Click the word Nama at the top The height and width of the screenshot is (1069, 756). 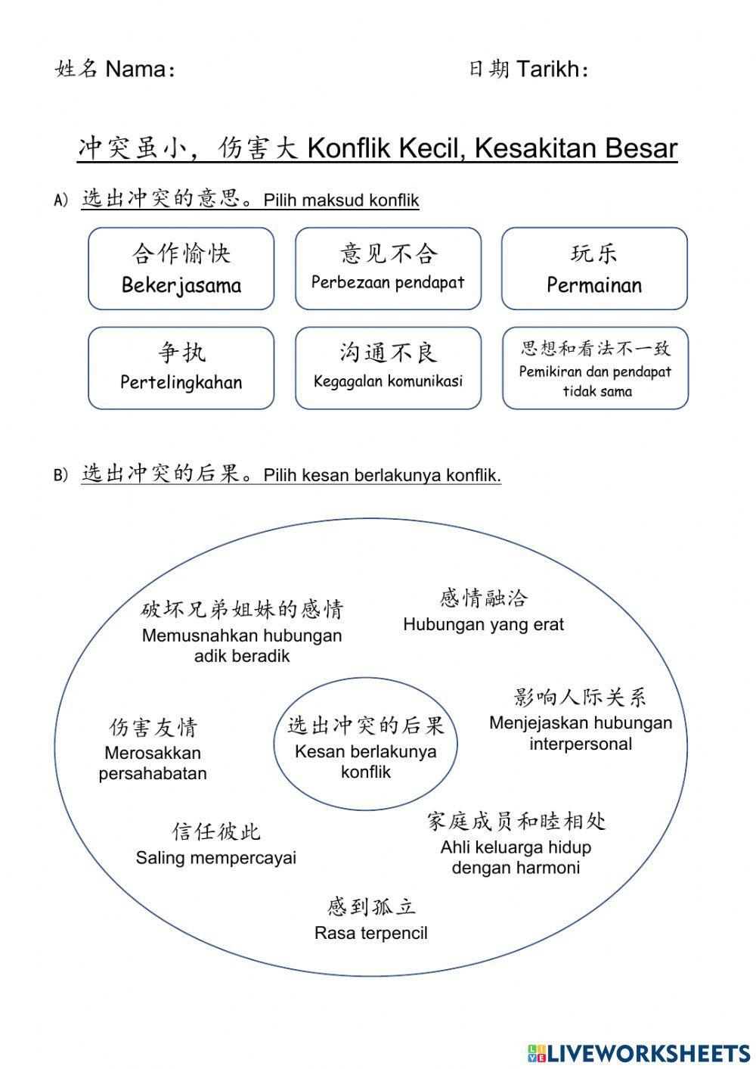click(135, 70)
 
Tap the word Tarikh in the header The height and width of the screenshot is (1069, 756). click(547, 70)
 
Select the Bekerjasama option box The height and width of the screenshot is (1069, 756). click(181, 269)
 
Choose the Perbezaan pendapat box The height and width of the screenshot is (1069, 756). click(388, 269)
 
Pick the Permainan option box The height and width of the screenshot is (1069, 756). click(594, 269)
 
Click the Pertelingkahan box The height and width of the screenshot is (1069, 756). click(181, 368)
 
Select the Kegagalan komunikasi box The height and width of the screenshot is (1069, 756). click(388, 368)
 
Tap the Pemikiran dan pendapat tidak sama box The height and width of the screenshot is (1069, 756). click(596, 368)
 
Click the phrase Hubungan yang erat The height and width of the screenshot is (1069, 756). click(483, 625)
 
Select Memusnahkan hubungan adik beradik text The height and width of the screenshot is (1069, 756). click(242, 645)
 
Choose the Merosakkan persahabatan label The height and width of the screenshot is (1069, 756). click(153, 763)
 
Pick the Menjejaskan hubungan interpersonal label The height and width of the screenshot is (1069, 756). click(581, 733)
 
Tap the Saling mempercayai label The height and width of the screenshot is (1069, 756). click(216, 858)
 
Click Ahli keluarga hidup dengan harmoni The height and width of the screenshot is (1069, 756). click(516, 857)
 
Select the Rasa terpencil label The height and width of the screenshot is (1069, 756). click(370, 933)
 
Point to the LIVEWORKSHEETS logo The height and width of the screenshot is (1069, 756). click(639, 1052)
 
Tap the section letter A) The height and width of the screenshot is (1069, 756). click(61, 200)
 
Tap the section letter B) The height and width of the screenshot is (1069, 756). click(61, 475)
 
